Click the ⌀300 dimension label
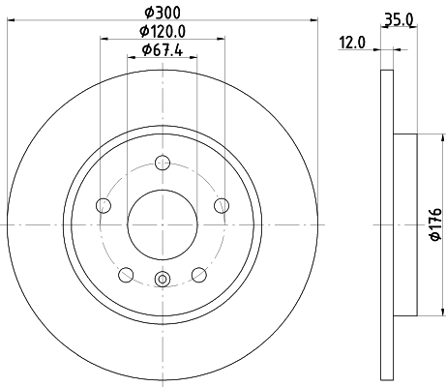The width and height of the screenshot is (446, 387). [163, 13]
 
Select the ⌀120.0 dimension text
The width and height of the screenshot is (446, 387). [163, 31]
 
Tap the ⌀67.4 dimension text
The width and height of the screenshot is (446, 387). [163, 50]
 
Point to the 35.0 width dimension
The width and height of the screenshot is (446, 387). [399, 20]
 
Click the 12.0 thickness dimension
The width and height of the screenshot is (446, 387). [352, 43]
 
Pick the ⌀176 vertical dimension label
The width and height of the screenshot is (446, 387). [435, 224]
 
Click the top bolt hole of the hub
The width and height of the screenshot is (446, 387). [163, 163]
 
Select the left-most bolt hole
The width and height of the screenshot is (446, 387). [104, 205]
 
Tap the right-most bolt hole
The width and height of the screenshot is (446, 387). [222, 205]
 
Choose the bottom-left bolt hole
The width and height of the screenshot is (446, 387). [126, 275]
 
